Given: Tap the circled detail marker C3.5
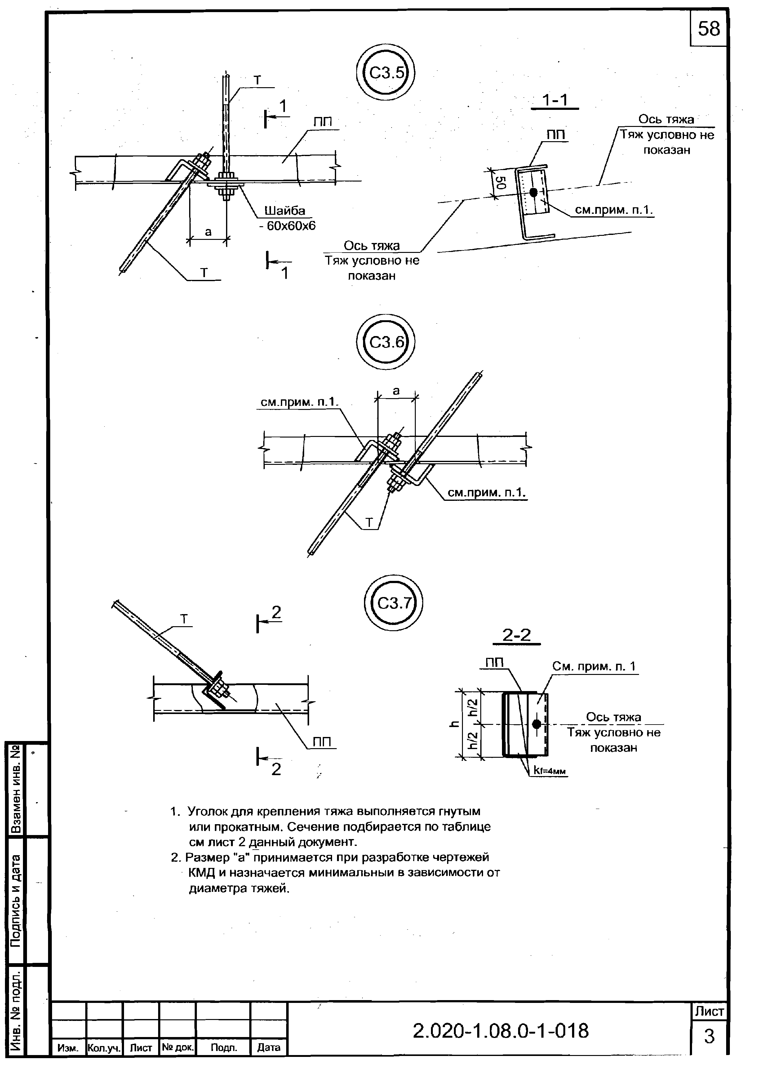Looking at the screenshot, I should (x=386, y=73).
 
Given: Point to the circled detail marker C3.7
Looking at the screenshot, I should (x=394, y=603).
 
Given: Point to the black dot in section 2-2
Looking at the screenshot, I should (x=536, y=724).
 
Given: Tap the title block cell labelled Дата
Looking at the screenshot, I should (x=269, y=1047).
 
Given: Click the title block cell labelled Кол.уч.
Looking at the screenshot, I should (x=104, y=1047).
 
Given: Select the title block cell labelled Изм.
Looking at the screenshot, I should (x=68, y=1047).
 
